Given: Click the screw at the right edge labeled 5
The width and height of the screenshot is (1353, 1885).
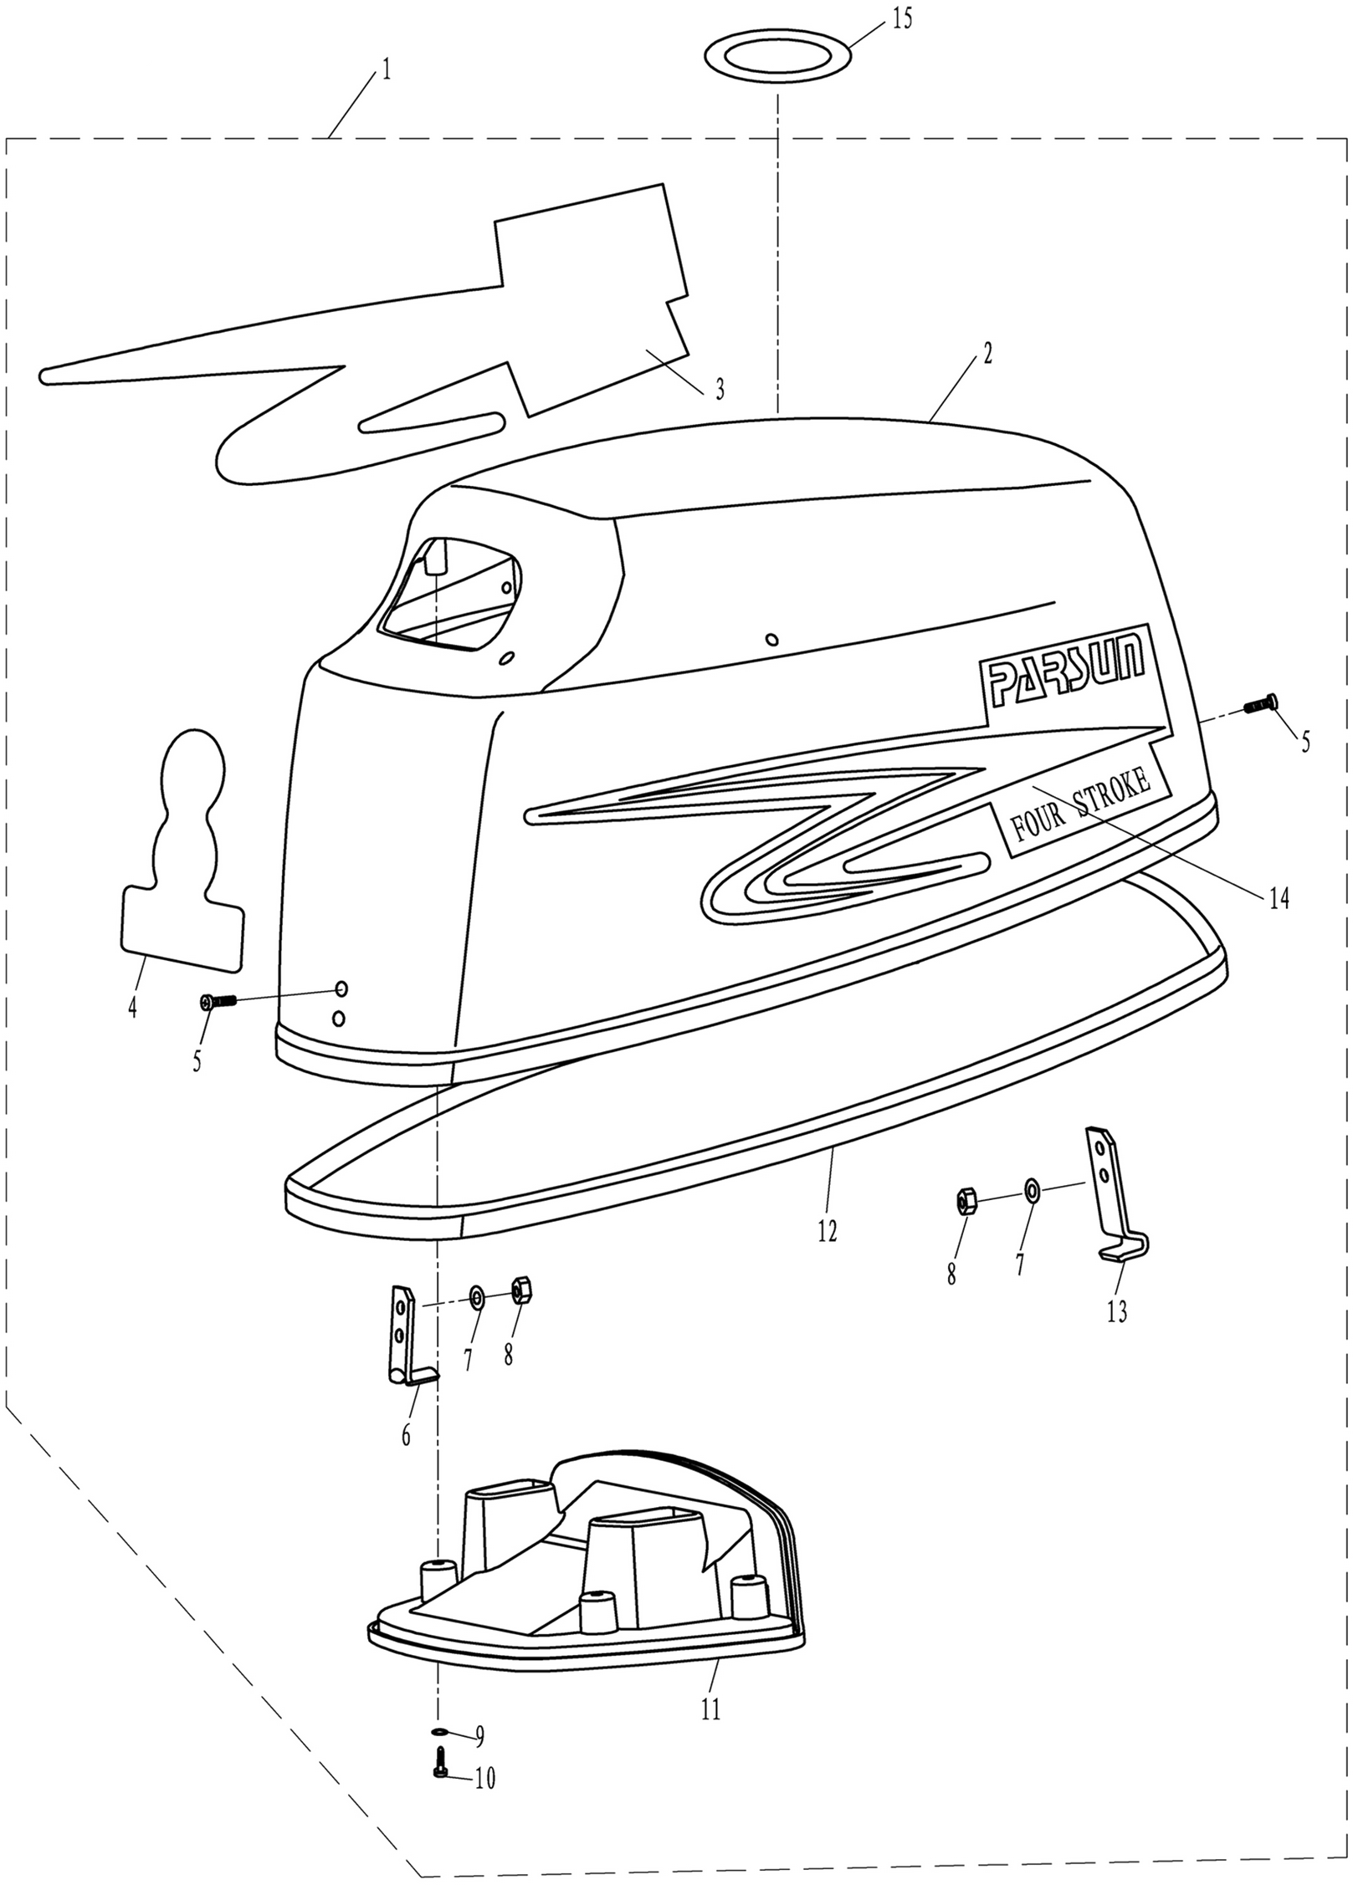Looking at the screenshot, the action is coord(1260,704).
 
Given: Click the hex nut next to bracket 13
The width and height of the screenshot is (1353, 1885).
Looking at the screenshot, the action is coord(964,1202).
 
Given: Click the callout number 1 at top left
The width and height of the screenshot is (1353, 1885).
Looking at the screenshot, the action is coord(386,69).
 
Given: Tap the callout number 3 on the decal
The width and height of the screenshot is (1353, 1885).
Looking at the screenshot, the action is coord(719,389).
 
